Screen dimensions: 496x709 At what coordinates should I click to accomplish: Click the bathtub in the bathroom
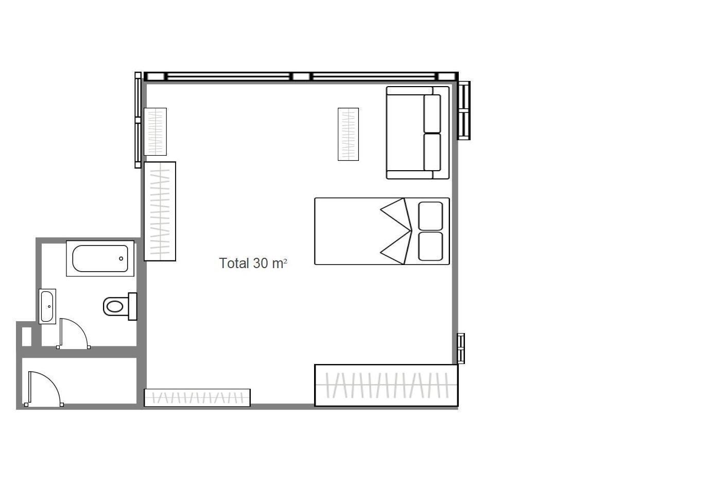pos(100,258)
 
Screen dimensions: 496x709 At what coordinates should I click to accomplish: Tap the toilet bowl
pos(114,306)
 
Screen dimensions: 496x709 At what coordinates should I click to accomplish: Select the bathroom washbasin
pos(47,306)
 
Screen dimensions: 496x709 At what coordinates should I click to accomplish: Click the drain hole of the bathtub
pos(122,258)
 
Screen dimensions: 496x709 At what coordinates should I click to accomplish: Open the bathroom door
pos(73,334)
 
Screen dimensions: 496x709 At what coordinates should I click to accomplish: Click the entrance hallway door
pos(44,388)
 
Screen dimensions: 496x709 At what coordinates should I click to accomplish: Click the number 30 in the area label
pos(261,263)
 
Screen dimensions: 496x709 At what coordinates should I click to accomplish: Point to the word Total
pos(234,263)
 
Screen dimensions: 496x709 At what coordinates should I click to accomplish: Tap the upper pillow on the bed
pos(430,216)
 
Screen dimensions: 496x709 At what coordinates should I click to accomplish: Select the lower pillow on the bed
pos(430,246)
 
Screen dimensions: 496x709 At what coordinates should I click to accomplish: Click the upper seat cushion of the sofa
pos(432,113)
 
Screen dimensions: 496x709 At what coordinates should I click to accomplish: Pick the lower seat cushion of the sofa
pos(432,152)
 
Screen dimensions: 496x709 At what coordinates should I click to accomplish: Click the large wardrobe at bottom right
pos(386,385)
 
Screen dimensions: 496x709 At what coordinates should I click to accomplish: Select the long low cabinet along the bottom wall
pos(197,398)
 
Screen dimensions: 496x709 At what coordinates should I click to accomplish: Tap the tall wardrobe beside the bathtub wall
pos(160,211)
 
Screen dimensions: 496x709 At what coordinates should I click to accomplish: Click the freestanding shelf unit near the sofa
pos(348,134)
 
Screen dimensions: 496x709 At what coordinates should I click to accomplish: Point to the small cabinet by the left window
pos(155,131)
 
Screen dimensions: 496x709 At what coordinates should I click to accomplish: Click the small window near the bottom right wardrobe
pos(461,348)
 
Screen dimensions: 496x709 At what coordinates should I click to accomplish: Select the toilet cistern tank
pos(132,306)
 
